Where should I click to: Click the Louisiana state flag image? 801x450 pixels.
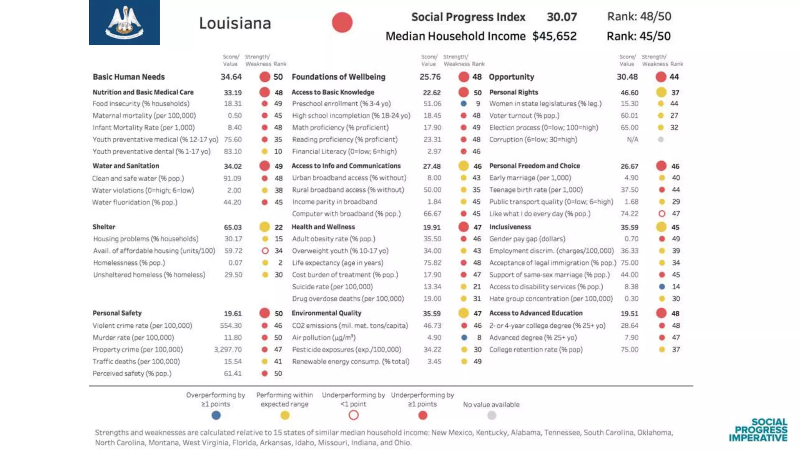point(124,22)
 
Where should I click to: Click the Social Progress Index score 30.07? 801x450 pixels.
point(562,17)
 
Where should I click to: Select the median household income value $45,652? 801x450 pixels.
point(554,36)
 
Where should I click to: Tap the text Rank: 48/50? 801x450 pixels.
point(639,16)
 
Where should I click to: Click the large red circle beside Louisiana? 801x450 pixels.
point(342,22)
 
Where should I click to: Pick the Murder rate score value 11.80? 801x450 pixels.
point(233,337)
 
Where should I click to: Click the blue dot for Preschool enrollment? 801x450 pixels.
point(463,104)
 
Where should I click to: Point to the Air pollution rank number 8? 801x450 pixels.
point(479,337)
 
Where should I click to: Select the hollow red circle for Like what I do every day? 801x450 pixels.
point(662,214)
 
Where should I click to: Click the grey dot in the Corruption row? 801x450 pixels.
point(661,139)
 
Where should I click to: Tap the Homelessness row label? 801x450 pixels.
point(129,263)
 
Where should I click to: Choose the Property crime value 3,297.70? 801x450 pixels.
point(228,350)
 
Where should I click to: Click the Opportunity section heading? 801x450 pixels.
point(511,77)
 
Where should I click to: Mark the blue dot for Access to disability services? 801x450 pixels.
point(662,287)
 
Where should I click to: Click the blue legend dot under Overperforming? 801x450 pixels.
point(216,415)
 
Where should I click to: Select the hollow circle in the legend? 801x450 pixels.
point(354,415)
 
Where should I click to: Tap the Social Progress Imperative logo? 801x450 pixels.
point(758,430)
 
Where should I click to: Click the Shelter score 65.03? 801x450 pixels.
point(233,227)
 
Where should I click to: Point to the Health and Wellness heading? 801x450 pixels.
point(323,227)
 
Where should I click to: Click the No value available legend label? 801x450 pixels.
point(491,405)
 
